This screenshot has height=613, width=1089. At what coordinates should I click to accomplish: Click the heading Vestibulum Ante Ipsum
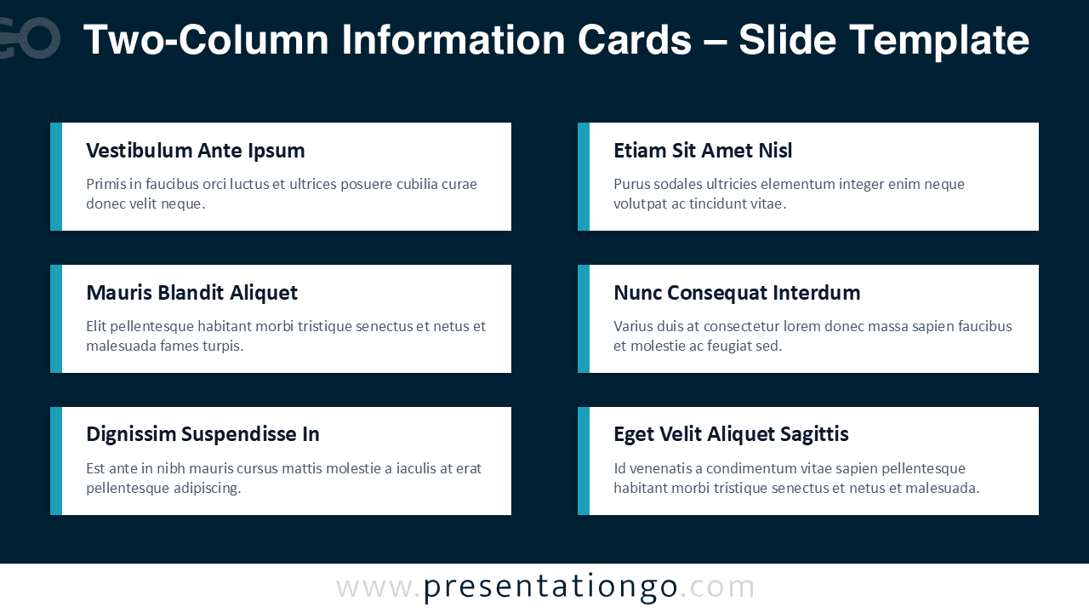[195, 151]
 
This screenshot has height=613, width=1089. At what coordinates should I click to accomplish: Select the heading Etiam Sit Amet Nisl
[702, 151]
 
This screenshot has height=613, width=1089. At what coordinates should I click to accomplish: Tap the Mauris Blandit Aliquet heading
[191, 293]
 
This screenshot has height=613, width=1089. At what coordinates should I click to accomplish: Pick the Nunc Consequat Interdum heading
[736, 293]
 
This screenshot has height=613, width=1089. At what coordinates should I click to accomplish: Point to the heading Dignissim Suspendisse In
[202, 434]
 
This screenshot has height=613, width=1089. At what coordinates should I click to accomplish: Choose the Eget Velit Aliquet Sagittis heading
[731, 434]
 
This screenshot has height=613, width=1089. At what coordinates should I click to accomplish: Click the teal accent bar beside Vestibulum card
[56, 176]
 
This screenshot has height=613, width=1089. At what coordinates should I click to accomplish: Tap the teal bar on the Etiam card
[584, 176]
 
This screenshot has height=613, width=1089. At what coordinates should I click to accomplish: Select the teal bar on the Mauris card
[56, 318]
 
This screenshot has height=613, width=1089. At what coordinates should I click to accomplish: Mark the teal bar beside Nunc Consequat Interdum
[584, 318]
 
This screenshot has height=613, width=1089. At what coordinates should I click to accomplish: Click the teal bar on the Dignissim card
[56, 461]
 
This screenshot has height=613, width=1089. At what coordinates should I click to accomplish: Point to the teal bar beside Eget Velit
[584, 461]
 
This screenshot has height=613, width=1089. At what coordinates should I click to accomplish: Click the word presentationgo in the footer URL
[550, 587]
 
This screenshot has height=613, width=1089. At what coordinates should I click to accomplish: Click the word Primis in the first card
[105, 184]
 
